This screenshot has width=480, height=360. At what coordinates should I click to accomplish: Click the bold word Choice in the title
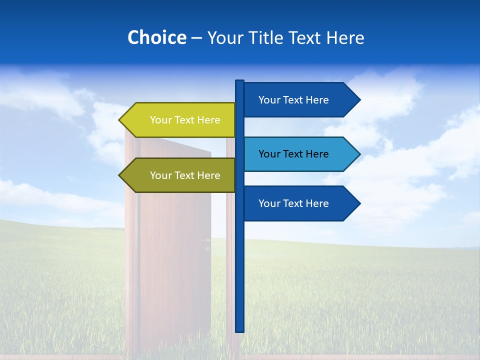tap(156, 37)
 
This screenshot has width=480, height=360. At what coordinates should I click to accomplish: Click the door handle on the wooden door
tap(206, 241)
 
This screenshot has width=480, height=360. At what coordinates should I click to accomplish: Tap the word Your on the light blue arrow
tap(269, 154)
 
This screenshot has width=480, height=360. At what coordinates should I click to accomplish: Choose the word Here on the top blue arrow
tap(317, 100)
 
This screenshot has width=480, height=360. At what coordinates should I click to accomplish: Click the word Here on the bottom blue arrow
tap(317, 203)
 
